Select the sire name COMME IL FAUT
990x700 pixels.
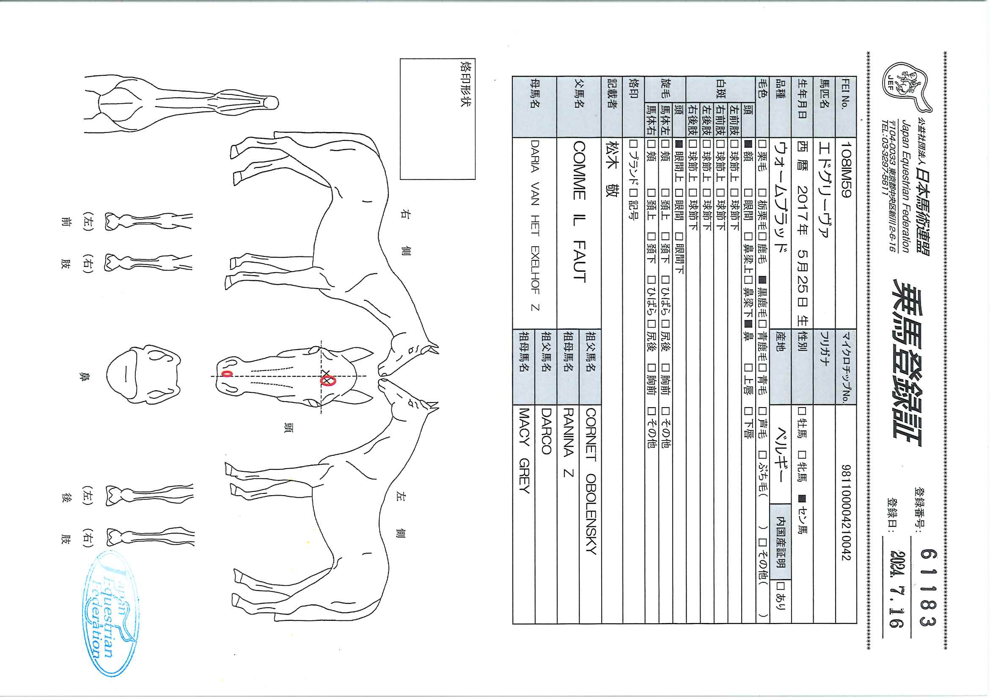coord(579,212)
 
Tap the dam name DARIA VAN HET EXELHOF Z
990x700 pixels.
coord(535,225)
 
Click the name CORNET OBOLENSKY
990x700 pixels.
coord(590,481)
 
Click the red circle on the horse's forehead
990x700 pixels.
coord(327,380)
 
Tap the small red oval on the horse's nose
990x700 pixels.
coord(226,373)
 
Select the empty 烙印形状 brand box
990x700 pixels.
coord(437,119)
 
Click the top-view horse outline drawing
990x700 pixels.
coord(181,103)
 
